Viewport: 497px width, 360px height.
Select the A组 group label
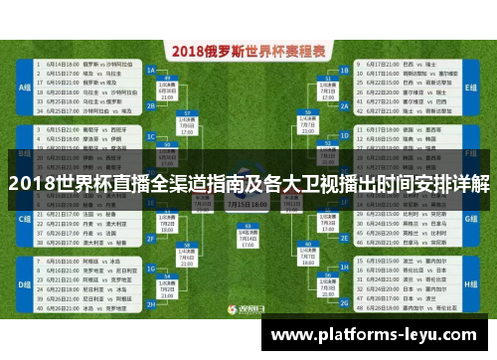pos(24,87)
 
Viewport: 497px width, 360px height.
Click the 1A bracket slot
pos(151,72)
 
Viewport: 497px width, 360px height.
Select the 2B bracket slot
pos(151,100)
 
